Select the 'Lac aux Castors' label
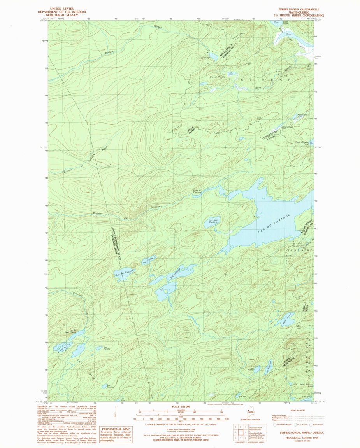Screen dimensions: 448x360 (212, 221)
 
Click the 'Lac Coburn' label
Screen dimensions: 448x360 (149, 262)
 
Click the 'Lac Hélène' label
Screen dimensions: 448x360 (107, 348)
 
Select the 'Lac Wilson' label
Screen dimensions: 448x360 (205, 58)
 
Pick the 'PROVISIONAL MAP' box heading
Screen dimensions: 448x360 (116, 429)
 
